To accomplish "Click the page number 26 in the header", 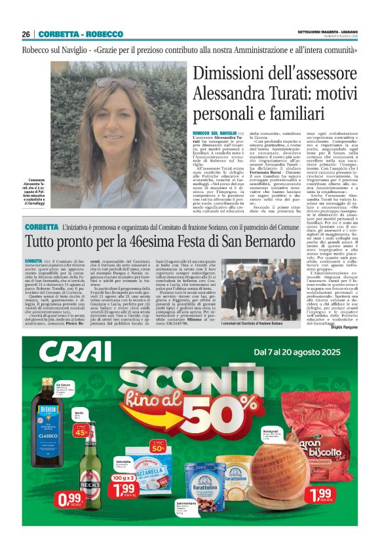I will (x=26, y=34).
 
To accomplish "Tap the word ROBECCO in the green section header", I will (x=103, y=34).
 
